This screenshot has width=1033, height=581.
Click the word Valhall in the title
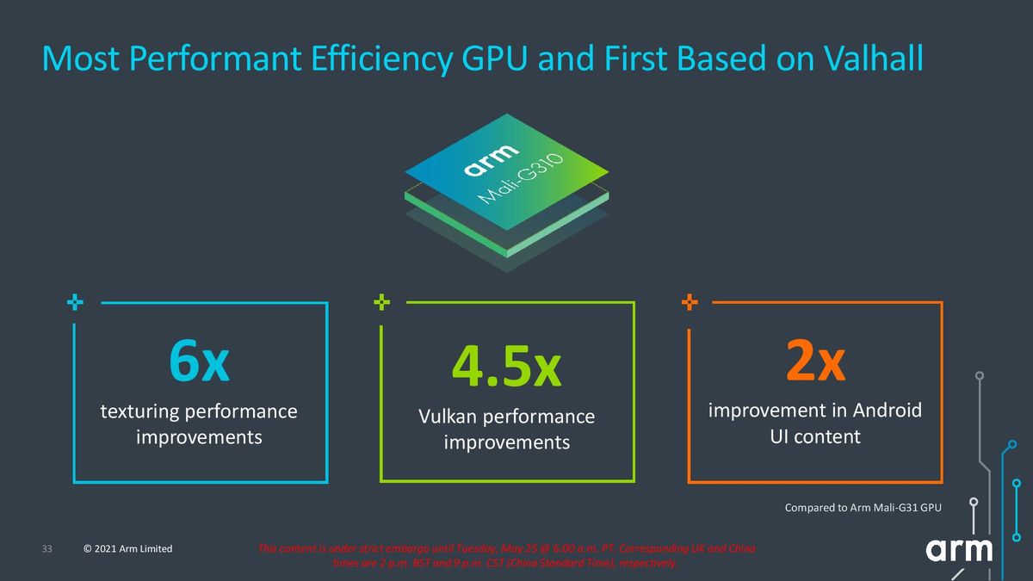point(873,59)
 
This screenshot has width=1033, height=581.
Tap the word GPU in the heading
point(493,59)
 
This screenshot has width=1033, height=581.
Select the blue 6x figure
point(199,361)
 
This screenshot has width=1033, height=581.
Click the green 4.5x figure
point(506,366)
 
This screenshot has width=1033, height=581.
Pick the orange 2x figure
point(815,360)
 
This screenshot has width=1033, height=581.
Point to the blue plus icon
point(75,302)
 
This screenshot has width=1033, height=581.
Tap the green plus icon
point(382,302)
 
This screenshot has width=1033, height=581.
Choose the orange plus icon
point(690,302)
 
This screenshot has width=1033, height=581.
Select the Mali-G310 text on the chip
point(520,179)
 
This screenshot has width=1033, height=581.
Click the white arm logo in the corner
point(959,550)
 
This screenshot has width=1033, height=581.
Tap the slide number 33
point(47,549)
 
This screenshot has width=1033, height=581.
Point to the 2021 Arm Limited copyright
point(127,549)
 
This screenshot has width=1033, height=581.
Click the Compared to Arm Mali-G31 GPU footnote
point(863,508)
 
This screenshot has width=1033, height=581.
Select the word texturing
point(139,411)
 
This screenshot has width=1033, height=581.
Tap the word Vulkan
point(448,417)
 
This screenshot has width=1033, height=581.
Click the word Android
point(887,410)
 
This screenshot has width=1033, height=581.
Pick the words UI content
point(815,436)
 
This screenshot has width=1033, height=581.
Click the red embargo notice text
point(506,556)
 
